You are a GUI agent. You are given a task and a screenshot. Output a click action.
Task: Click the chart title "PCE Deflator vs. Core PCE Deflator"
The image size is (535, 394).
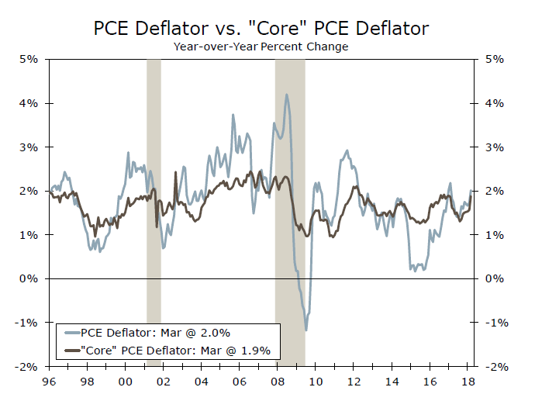pyautogui.click(x=261, y=28)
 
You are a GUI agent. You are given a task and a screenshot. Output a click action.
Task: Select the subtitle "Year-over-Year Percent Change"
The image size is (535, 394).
pyautogui.click(x=261, y=47)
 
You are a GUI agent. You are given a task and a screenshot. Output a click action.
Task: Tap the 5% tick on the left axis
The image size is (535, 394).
pyautogui.click(x=29, y=59)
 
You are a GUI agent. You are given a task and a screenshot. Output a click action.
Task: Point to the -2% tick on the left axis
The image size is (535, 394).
pyautogui.click(x=28, y=366)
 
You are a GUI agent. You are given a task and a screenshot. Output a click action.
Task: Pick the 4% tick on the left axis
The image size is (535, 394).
pyautogui.click(x=29, y=103)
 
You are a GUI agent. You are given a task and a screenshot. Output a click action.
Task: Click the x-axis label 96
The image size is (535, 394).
pyautogui.click(x=50, y=381)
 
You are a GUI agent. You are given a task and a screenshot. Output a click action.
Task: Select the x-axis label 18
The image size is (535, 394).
pyautogui.click(x=468, y=381)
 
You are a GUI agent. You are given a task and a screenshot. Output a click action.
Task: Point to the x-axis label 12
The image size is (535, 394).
pyautogui.click(x=354, y=381)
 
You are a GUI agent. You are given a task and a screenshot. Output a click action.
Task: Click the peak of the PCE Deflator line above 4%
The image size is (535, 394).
pyautogui.click(x=287, y=95)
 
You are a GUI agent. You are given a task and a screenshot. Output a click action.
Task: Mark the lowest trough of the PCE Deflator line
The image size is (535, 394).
pyautogui.click(x=306, y=330)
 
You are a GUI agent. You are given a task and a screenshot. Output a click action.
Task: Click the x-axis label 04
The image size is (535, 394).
pyautogui.click(x=200, y=381)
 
